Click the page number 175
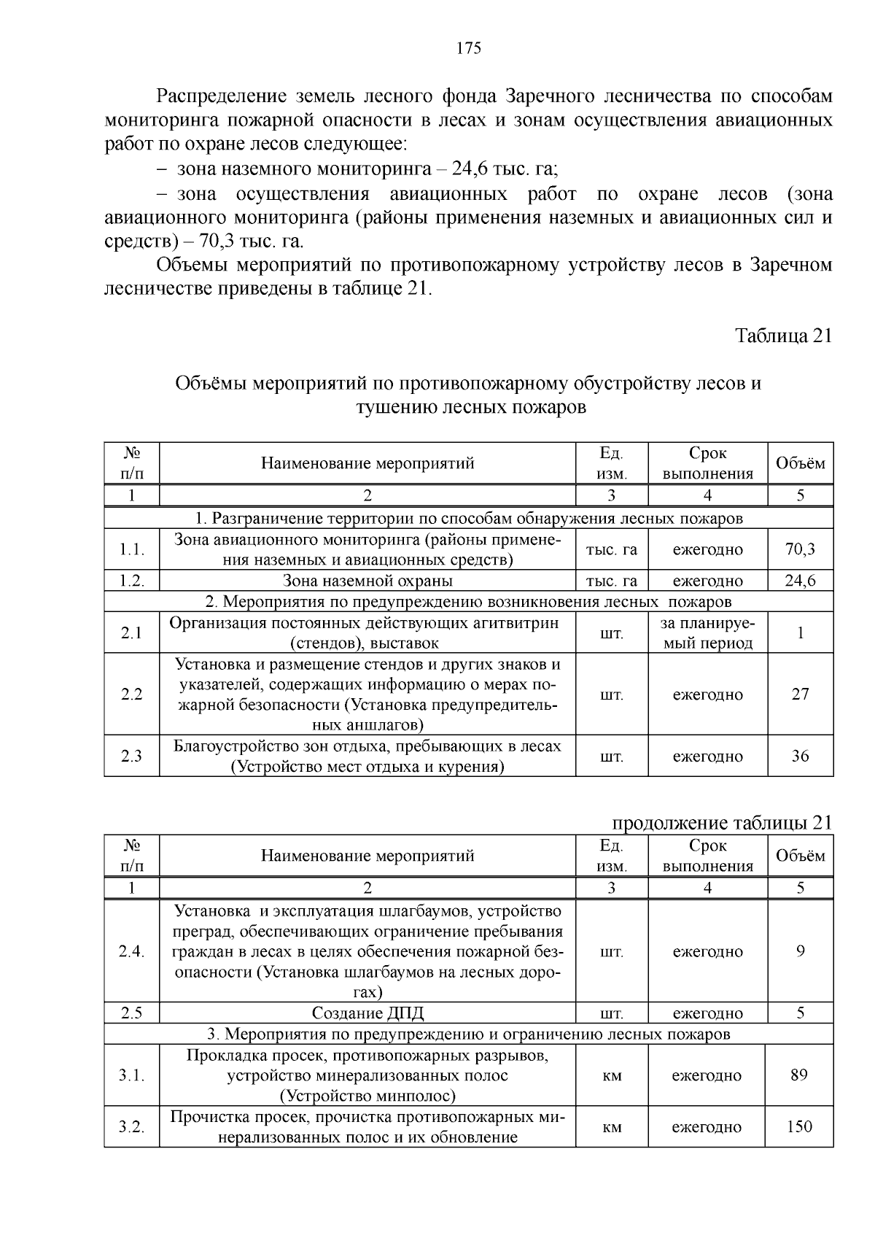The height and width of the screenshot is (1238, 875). pos(468,49)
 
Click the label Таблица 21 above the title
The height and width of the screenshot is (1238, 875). pos(783,336)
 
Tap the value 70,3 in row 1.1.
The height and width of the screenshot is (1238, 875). pos(800,549)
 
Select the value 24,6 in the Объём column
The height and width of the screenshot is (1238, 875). pos(800,581)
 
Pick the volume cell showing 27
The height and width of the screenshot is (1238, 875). pos(800,694)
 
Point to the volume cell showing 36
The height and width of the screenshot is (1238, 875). pos(800,756)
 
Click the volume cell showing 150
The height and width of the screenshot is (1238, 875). pos(799,1126)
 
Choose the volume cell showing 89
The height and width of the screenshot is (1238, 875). pos(799,1075)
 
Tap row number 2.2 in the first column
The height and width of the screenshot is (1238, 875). pos(132,694)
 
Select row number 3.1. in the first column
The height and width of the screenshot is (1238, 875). pos(132,1075)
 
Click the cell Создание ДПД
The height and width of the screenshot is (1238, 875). pos(367,1013)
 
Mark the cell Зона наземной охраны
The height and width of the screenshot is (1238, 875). pos(367,581)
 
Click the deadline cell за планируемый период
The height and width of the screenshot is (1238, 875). pos(707,632)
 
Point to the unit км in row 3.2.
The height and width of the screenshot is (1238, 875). pos(612,1127)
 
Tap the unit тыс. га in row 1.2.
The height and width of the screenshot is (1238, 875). pos(612,581)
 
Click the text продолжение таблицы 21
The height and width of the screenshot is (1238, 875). pos(721,823)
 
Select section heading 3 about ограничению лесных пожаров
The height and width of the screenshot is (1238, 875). pos(468,1034)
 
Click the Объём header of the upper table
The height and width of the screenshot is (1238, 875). pos(800,463)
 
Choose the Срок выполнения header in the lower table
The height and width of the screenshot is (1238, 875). pos(707,855)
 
